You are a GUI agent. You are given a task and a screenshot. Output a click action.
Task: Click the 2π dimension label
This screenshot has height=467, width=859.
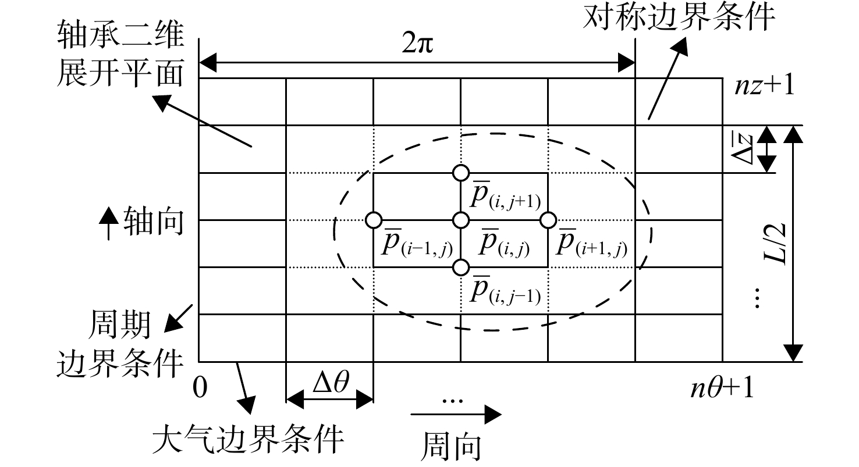417,43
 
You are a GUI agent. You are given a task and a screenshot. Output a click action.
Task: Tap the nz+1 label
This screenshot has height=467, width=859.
764,85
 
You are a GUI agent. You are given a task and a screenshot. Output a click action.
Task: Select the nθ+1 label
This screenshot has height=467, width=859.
722,388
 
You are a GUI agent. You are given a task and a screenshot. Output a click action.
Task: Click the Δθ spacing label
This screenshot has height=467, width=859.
331,382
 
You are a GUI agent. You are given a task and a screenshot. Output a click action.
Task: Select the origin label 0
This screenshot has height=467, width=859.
200,387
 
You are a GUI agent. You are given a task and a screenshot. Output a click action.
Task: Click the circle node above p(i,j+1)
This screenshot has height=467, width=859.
460,173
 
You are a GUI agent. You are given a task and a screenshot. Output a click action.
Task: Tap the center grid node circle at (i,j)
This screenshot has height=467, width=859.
460,220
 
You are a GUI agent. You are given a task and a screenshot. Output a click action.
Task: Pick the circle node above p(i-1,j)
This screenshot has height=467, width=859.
373,220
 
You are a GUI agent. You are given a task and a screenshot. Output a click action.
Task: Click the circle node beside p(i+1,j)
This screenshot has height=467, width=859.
548,220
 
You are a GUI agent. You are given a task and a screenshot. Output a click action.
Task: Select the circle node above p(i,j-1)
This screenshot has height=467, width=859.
460,268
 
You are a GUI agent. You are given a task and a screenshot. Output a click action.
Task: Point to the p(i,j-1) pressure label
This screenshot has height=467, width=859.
505,290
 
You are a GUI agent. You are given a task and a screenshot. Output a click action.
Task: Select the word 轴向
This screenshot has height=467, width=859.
154,222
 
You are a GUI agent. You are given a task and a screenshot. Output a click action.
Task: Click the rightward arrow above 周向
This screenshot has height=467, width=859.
456,414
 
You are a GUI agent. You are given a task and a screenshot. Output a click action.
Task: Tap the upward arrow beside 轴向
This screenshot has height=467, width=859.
108,224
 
